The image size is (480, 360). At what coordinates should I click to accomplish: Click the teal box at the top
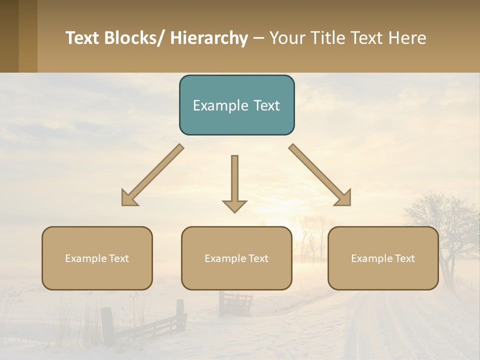236,105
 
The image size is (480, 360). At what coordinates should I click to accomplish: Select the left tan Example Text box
97,258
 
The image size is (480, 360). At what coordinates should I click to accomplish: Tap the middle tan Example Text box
236,258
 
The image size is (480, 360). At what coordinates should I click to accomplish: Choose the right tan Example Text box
383,258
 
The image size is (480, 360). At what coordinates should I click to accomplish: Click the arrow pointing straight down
234,183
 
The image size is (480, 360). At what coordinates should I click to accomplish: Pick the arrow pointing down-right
319,174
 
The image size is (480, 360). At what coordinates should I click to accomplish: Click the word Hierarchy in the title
209,38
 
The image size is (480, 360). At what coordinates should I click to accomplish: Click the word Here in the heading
406,38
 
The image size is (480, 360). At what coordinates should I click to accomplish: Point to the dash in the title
258,38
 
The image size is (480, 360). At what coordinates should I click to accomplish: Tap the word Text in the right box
405,258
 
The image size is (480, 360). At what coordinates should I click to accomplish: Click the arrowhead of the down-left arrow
129,198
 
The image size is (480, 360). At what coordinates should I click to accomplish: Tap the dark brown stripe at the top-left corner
9,36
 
